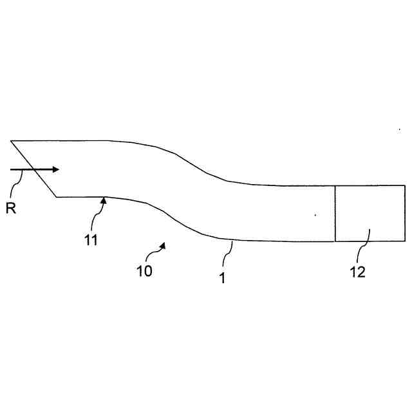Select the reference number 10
[145, 271]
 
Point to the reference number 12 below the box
[357, 272]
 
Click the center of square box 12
[370, 213]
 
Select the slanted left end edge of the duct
[33, 169]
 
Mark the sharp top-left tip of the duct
[11, 140]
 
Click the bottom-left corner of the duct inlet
[57, 196]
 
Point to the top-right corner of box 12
[405, 185]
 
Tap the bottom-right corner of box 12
[405, 241]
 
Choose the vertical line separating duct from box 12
[335, 213]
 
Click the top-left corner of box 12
[335, 185]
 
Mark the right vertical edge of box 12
[405, 213]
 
